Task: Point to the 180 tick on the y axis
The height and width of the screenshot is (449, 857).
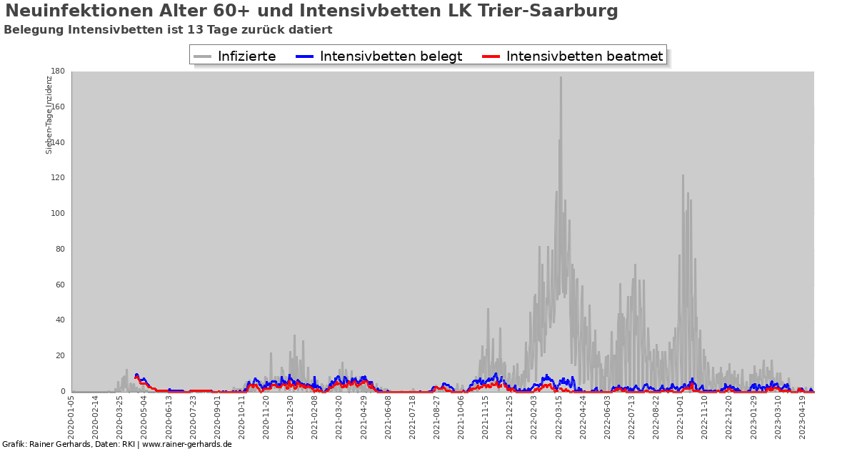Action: (x=59, y=71)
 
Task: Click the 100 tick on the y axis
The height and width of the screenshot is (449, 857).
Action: (x=59, y=214)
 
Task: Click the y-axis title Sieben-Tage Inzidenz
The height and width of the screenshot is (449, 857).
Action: (x=49, y=114)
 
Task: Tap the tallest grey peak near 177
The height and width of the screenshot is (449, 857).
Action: (x=561, y=78)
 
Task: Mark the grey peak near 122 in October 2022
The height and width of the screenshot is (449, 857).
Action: (x=683, y=176)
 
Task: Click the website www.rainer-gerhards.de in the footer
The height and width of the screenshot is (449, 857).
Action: (x=188, y=444)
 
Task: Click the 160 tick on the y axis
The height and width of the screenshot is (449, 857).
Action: (x=59, y=107)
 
